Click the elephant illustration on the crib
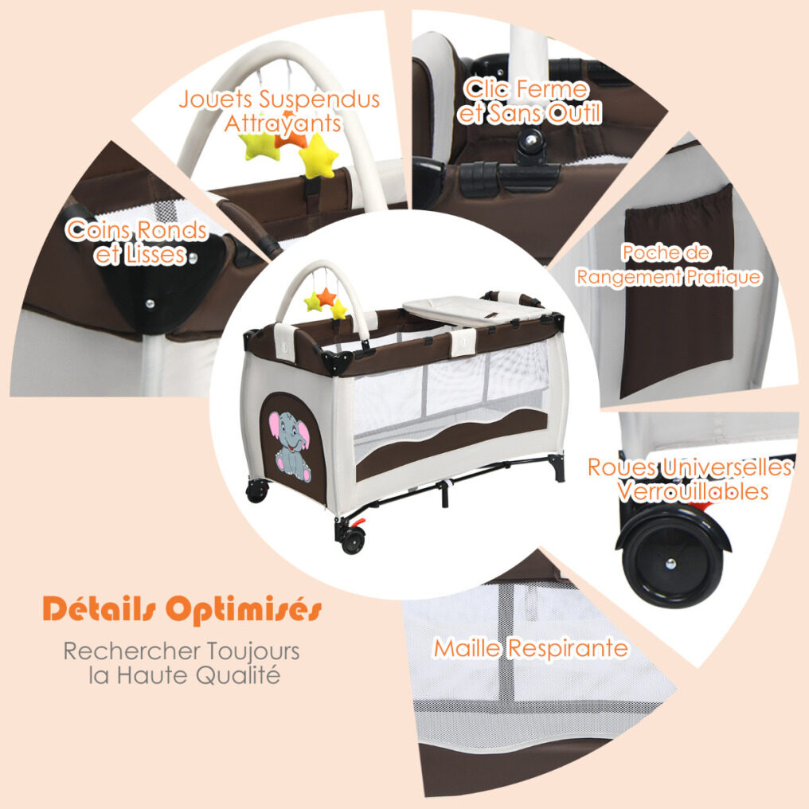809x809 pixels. [x=290, y=446]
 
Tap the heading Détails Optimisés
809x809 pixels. [x=182, y=609]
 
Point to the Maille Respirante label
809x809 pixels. [x=531, y=648]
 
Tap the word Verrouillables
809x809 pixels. [x=693, y=492]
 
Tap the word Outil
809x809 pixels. [x=574, y=113]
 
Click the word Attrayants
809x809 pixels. [x=283, y=123]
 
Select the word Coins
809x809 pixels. [x=99, y=230]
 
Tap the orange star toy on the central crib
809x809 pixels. [x=326, y=297]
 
